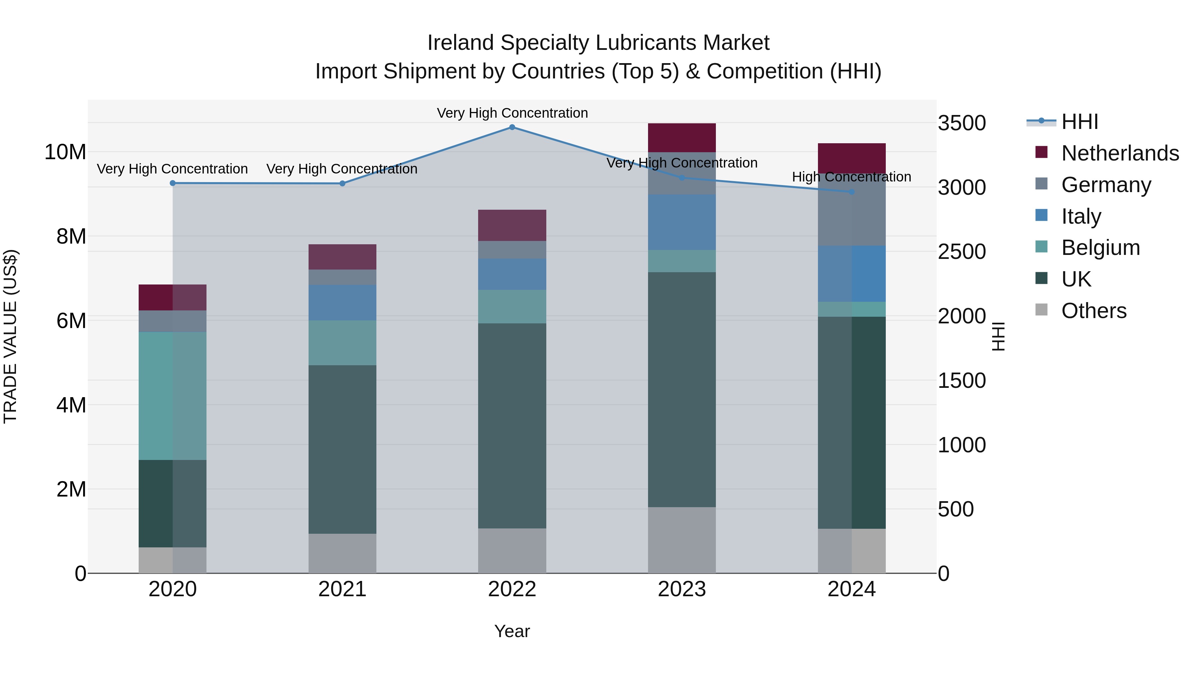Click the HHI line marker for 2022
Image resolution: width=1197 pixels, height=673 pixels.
click(512, 127)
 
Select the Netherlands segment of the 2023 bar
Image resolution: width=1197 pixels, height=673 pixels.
click(682, 138)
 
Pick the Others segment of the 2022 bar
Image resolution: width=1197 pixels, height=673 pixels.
click(512, 551)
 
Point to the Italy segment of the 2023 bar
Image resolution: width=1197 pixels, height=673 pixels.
click(682, 222)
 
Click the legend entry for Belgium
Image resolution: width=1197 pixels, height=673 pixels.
click(1100, 248)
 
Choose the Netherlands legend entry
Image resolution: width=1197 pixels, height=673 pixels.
click(1120, 153)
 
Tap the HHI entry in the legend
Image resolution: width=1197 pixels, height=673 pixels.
click(1079, 122)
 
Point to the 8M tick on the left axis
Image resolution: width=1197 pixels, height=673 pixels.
click(71, 236)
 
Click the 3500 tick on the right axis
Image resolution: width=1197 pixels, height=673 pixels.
click(961, 124)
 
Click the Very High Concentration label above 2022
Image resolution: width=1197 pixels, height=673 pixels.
click(512, 113)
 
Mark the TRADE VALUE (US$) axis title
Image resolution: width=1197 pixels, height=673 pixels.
click(10, 336)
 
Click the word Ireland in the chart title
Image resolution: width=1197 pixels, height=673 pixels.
click(461, 43)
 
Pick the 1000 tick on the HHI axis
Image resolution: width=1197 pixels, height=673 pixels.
click(961, 445)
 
